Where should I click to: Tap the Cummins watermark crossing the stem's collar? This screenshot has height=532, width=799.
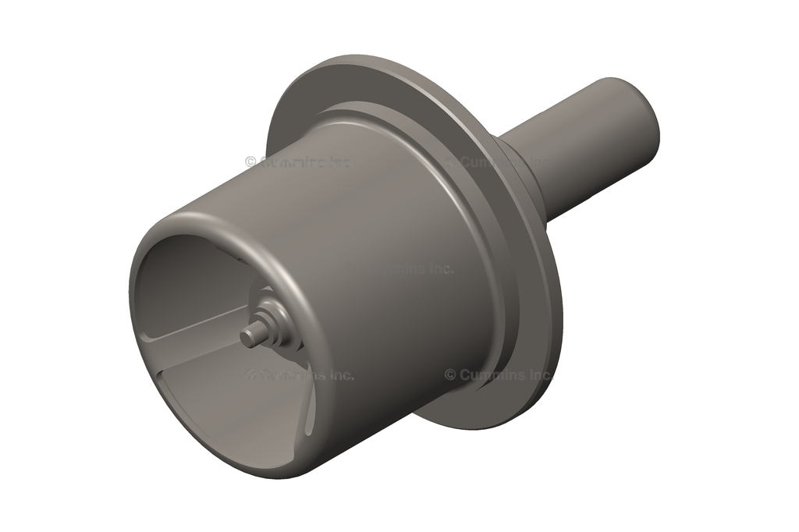click(499, 162)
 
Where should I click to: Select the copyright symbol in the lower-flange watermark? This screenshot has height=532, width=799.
click(450, 374)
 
